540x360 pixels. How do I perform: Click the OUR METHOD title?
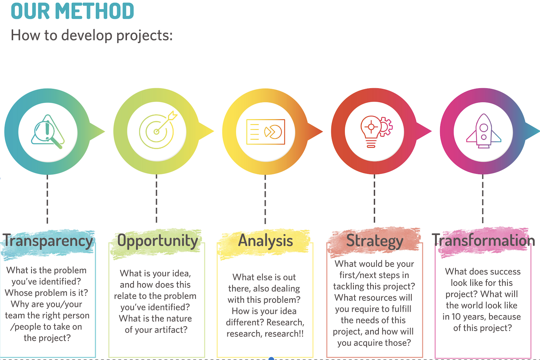[x=72, y=11]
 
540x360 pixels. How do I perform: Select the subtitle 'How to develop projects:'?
[x=92, y=35]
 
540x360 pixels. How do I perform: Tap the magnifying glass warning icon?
[x=48, y=132]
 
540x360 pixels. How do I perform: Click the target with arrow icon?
[x=158, y=130]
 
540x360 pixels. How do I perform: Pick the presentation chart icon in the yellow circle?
[x=265, y=132]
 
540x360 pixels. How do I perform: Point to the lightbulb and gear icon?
[x=376, y=132]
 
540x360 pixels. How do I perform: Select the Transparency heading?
[x=48, y=241]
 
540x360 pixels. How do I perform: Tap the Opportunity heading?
[x=158, y=241]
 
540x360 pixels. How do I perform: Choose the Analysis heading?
[x=265, y=240]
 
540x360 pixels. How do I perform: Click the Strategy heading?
[x=375, y=241]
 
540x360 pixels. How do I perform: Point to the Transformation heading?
[x=483, y=240]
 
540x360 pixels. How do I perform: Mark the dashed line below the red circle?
[x=374, y=199]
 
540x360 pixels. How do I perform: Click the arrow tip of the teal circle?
[x=104, y=132]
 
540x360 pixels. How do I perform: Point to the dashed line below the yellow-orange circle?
[x=265, y=199]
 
